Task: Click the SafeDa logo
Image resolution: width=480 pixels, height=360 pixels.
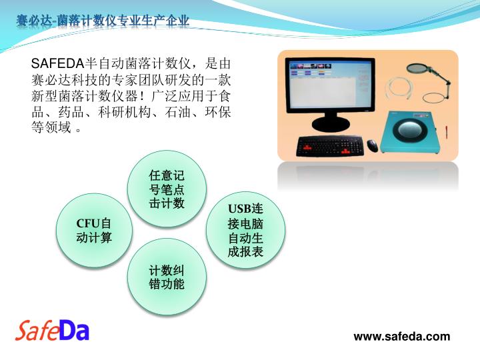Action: [x=52, y=331]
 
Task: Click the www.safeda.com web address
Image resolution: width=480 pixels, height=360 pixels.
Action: [x=401, y=337]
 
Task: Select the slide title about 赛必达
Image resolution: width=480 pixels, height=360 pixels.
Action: [x=103, y=21]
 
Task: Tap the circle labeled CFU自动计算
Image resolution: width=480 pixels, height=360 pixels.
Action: [x=94, y=231]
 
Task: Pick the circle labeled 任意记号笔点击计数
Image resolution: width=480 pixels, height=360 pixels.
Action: [x=167, y=189]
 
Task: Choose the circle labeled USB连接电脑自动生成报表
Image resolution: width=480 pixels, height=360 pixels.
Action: [x=245, y=230]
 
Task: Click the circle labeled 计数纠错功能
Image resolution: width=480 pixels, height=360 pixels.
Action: [x=167, y=277]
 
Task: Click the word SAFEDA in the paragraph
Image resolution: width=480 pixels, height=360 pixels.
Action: [x=57, y=64]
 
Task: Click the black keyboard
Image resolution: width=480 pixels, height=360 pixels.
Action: [x=330, y=146]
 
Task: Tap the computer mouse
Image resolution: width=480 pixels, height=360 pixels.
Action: [x=372, y=145]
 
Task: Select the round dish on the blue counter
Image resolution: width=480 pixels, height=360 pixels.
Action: [x=410, y=129]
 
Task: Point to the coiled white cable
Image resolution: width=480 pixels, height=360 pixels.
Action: [x=399, y=89]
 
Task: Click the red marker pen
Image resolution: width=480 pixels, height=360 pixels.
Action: [x=447, y=131]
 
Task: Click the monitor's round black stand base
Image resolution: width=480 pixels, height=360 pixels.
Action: [x=331, y=124]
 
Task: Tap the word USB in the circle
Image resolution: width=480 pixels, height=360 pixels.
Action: [x=240, y=209]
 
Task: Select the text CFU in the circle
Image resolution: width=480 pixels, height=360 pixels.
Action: [x=89, y=223]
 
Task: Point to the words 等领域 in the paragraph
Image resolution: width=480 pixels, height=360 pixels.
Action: [x=51, y=127]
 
